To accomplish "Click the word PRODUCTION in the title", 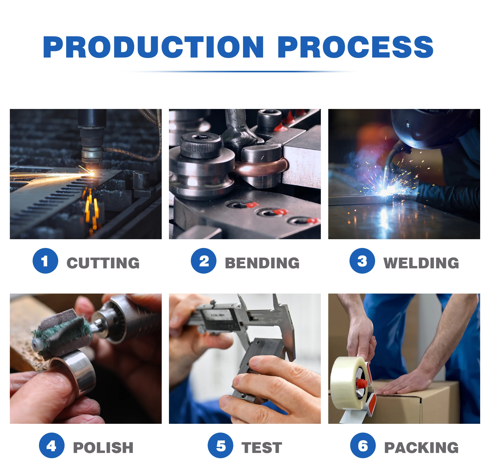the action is (153, 47).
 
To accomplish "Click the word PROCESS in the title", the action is (355, 47).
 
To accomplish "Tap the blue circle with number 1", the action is (45, 261).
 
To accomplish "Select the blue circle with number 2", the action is (204, 261).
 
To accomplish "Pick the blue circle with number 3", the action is (362, 261).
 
